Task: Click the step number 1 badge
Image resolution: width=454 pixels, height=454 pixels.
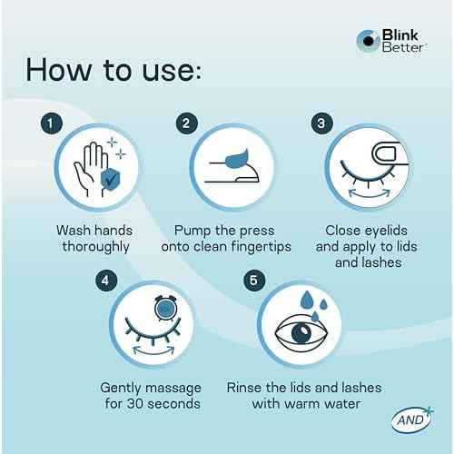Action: (x=52, y=123)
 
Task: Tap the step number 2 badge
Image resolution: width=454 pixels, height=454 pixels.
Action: (x=187, y=123)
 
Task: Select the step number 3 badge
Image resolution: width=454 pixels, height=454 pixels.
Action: (x=322, y=123)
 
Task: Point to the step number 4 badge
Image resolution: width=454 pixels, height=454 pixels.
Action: (x=106, y=281)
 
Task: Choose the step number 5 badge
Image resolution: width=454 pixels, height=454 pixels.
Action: (x=254, y=281)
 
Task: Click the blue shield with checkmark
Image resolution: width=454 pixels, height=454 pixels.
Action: (x=110, y=179)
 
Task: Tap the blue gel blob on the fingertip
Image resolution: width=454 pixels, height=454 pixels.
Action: (x=237, y=159)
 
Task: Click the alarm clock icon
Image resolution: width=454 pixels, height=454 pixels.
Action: (x=165, y=308)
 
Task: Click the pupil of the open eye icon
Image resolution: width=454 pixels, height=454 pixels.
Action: (x=301, y=332)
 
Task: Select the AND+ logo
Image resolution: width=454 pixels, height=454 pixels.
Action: (x=412, y=419)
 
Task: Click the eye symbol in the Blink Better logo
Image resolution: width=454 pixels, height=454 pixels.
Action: (x=368, y=41)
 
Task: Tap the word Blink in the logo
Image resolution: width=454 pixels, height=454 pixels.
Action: (x=400, y=35)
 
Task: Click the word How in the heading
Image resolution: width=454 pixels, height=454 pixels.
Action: (x=58, y=70)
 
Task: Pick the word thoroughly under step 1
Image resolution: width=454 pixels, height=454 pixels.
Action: (x=96, y=247)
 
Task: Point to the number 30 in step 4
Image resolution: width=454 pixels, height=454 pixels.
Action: (x=134, y=404)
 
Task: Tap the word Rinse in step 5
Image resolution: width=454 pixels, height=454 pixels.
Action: (x=243, y=388)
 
